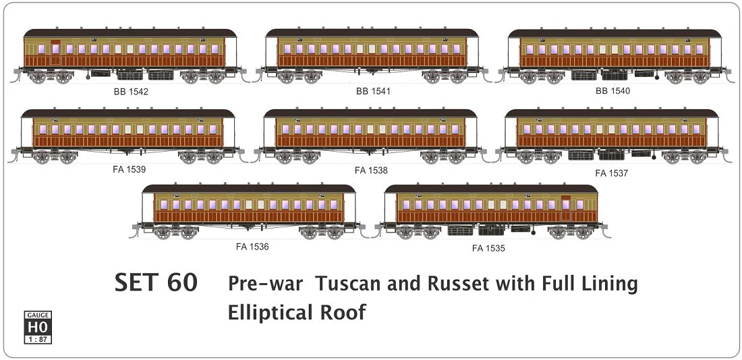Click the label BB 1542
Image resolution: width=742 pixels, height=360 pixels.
pos(131,91)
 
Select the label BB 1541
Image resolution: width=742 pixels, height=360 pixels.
pos(373,90)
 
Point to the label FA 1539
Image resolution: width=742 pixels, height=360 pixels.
pos(129,169)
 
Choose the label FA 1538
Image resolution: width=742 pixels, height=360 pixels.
pos(371,171)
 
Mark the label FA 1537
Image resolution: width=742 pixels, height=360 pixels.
pos(611,173)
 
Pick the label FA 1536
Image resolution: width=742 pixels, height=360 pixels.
pos(252,247)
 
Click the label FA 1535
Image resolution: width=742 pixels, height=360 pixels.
pos(488,249)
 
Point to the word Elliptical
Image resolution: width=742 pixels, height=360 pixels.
pos(270,313)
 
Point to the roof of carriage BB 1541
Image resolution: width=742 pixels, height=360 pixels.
pos(372,32)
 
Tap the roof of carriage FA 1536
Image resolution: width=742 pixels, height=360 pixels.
pos(248,188)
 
